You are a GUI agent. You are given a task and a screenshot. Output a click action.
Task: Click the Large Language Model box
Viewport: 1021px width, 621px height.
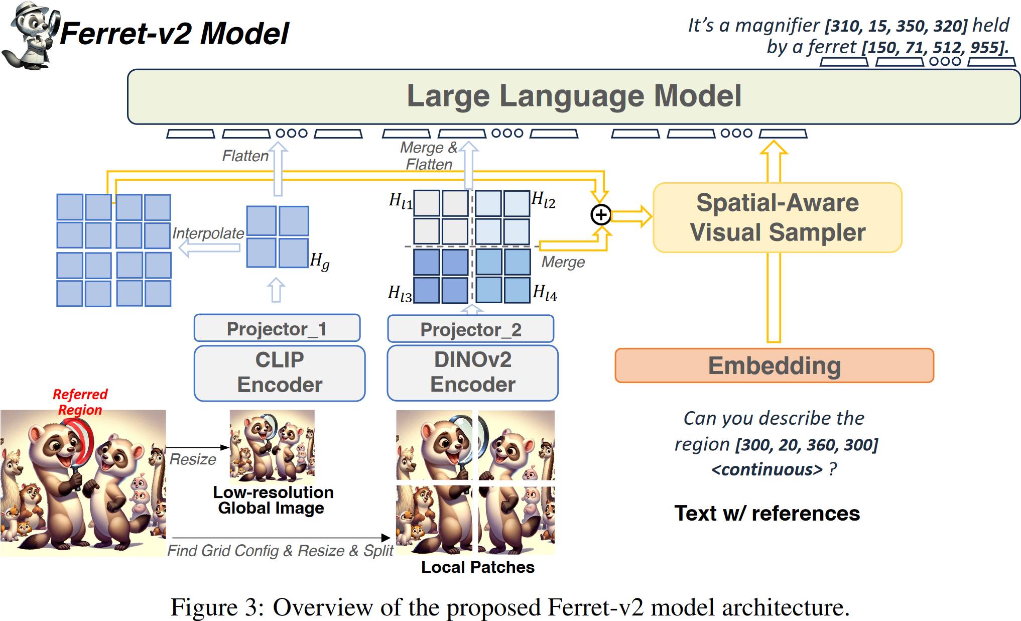coord(574,96)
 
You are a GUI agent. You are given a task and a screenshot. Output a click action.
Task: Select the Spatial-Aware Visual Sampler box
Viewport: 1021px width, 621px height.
coord(778,217)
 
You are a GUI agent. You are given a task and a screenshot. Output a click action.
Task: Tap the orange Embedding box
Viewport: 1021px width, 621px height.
coord(775,365)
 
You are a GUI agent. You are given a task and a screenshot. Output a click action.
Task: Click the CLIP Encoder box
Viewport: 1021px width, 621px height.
coord(280,373)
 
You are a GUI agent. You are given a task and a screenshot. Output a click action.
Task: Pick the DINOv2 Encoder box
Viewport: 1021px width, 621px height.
coord(472,372)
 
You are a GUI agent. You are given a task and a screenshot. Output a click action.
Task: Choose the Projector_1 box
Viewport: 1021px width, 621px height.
coord(277,328)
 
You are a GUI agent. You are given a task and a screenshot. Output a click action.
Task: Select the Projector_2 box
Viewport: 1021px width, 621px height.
coord(471,329)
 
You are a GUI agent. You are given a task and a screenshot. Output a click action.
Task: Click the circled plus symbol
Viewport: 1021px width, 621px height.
coord(601,215)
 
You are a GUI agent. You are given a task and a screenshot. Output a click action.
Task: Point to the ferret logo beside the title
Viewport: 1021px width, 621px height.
coord(31,35)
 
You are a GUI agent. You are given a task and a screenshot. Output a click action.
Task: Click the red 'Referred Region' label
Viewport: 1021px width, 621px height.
coord(80,402)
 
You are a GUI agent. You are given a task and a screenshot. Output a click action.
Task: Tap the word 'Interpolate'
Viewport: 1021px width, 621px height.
coord(208,233)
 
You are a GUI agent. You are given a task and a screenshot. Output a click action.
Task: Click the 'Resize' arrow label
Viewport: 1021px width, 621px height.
coord(193,459)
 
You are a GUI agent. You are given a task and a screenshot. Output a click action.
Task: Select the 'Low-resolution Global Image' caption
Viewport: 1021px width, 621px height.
coord(273,500)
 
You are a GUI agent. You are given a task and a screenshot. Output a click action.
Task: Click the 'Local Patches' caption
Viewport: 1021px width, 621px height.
coord(477,567)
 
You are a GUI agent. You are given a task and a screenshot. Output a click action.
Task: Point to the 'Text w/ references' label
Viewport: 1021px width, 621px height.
coord(767,513)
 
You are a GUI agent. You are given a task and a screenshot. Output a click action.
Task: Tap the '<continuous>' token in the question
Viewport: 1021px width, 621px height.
coord(767,469)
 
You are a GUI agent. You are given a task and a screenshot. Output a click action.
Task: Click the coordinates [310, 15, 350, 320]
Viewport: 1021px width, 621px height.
coord(897,26)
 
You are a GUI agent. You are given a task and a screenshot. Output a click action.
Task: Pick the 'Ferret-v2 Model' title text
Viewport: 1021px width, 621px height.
coord(174,34)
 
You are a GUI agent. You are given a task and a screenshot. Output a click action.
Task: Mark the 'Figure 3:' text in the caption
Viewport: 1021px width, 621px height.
coord(217,607)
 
